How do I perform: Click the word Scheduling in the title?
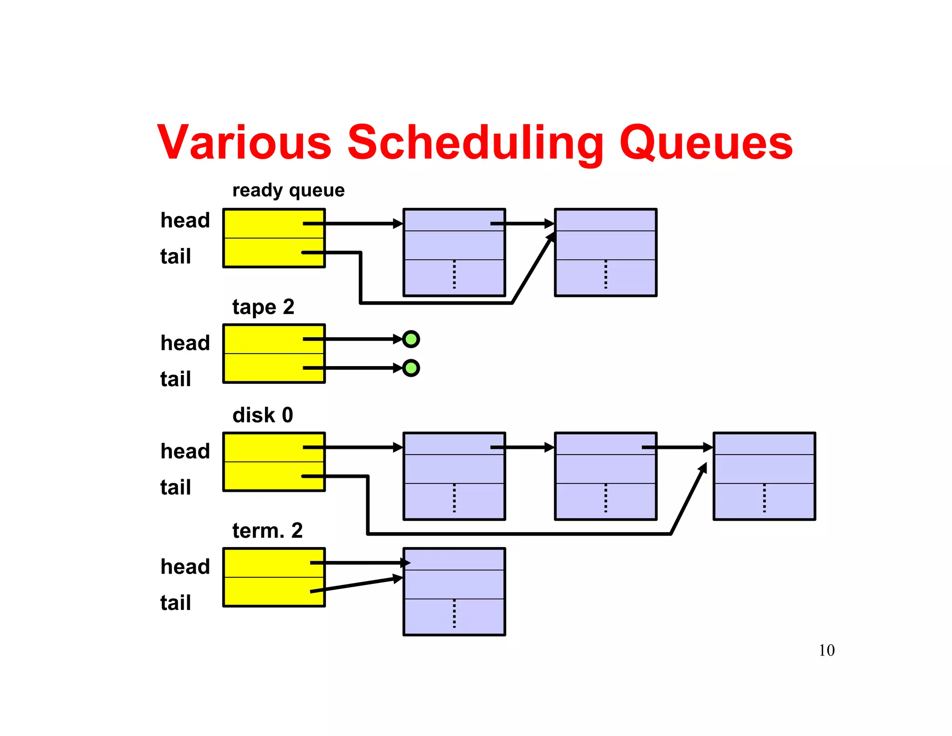point(475,142)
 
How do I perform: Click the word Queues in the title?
point(706,142)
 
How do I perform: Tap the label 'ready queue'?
point(288,190)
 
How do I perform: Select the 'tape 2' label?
point(263,307)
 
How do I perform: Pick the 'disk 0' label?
point(263,415)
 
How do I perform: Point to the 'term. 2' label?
point(267,530)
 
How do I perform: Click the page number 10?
point(826,650)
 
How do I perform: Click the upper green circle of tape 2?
point(411,339)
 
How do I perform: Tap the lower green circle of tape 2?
point(411,368)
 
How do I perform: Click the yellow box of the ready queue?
point(274,238)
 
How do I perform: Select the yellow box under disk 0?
point(274,462)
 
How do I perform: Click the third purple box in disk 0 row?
point(764,476)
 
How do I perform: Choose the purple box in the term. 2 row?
point(454,591)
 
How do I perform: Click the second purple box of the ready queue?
point(606,252)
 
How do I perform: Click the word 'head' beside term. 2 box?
point(185,567)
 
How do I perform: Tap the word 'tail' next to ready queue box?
point(175,256)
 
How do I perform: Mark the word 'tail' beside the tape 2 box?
point(175,379)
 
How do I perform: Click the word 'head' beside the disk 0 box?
point(185,451)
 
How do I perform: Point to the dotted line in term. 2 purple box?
point(454,614)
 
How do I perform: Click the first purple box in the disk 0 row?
point(454,476)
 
